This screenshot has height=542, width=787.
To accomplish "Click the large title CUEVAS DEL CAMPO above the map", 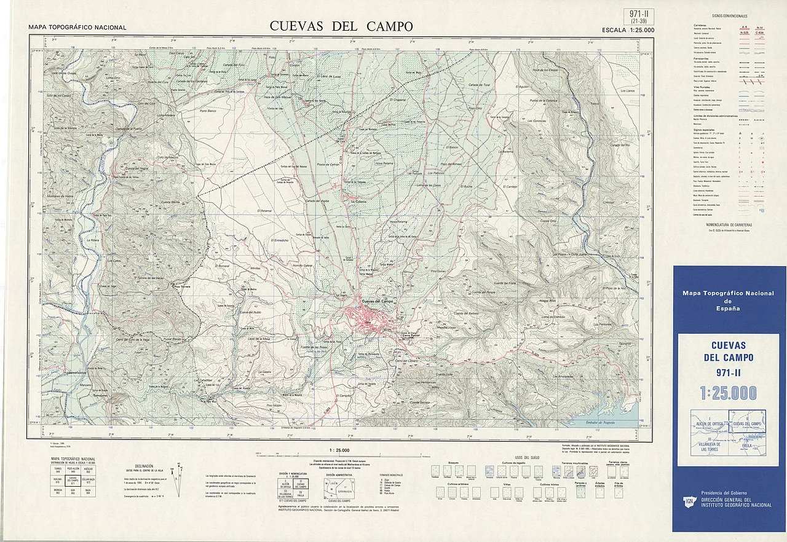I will (x=341, y=26).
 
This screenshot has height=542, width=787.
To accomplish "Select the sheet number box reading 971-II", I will (x=639, y=17).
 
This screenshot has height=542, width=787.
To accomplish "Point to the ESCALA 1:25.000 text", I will (x=628, y=29).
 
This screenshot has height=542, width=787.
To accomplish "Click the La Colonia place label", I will (x=358, y=201).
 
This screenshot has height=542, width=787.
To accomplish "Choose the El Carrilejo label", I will (x=510, y=186).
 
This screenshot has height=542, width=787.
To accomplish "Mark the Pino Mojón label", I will (x=274, y=406).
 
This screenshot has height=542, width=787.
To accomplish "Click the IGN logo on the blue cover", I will (x=689, y=502).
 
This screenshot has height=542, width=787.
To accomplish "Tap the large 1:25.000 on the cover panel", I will (x=728, y=393).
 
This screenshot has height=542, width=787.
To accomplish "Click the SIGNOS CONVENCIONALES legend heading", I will (x=729, y=16).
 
